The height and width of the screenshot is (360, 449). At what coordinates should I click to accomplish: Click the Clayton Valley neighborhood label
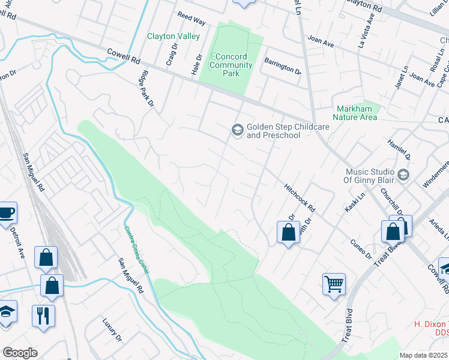click(x=173, y=36)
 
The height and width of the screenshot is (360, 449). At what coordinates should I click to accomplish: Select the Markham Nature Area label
click(x=355, y=113)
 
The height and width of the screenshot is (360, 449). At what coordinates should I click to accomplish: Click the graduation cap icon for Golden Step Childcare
click(x=238, y=130)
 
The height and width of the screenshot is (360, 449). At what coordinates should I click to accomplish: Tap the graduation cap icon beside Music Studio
click(x=403, y=175)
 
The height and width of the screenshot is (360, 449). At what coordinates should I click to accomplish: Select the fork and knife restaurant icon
click(x=43, y=316)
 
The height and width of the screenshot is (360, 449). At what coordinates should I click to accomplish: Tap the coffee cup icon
click(x=7, y=212)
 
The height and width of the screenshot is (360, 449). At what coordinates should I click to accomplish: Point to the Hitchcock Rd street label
click(x=300, y=197)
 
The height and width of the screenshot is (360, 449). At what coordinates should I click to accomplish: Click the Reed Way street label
click(x=191, y=21)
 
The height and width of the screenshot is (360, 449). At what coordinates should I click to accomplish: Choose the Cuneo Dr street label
click(x=361, y=248)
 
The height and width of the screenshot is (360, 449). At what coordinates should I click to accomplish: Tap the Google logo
click(x=20, y=353)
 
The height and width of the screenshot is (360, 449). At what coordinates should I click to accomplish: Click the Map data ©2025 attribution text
click(x=423, y=355)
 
